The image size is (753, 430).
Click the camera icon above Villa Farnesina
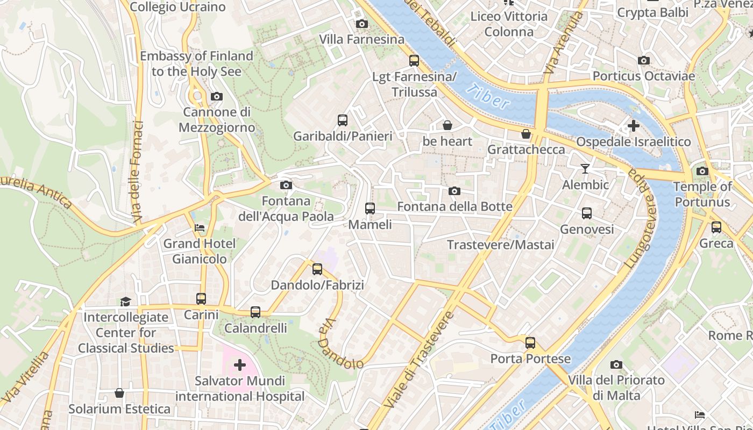click(x=362, y=24)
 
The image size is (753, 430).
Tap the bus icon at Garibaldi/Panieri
click(x=343, y=120)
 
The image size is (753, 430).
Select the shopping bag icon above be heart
click(x=447, y=126)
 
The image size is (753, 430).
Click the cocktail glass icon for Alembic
click(x=585, y=169)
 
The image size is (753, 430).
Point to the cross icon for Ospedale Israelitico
click(x=634, y=126)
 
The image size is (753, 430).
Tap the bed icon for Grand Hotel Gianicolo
click(x=200, y=228)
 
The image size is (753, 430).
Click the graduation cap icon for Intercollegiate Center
click(x=125, y=302)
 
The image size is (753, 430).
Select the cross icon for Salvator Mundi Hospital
click(x=240, y=365)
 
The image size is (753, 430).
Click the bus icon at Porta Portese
click(x=530, y=343)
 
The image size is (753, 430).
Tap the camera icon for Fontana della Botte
click(x=454, y=191)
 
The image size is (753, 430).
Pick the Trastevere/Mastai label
click(x=500, y=245)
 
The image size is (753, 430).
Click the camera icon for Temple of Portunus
click(x=702, y=171)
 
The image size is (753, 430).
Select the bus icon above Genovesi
click(x=587, y=213)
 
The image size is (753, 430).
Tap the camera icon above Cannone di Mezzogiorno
click(x=217, y=97)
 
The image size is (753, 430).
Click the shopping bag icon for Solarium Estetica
click(x=119, y=393)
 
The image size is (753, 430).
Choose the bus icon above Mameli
click(x=370, y=209)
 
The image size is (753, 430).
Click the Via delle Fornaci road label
click(x=138, y=173)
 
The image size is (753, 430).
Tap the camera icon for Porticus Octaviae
click(x=644, y=60)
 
